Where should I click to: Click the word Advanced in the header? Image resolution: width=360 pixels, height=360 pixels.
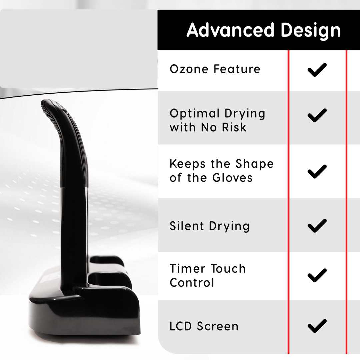tap(231, 30)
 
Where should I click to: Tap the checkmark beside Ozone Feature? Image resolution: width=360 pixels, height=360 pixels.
tap(317, 70)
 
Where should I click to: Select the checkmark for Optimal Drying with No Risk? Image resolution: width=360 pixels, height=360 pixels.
tap(317, 115)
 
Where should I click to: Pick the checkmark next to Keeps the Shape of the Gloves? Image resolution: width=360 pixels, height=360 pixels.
tap(317, 171)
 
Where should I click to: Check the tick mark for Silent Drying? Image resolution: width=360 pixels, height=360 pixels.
tap(317, 225)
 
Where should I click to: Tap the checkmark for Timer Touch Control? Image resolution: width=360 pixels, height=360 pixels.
tap(317, 275)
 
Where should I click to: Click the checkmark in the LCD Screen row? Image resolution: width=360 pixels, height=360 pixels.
tap(317, 326)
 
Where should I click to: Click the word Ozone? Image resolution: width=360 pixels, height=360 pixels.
tap(189, 69)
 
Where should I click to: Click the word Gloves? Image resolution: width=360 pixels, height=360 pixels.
tap(232, 178)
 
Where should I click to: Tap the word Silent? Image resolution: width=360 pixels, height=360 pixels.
tap(187, 226)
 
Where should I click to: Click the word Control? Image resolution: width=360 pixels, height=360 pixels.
tap(192, 282)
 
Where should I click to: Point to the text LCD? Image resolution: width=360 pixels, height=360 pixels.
tap(180, 326)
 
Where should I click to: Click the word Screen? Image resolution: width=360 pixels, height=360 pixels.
tap(218, 326)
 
